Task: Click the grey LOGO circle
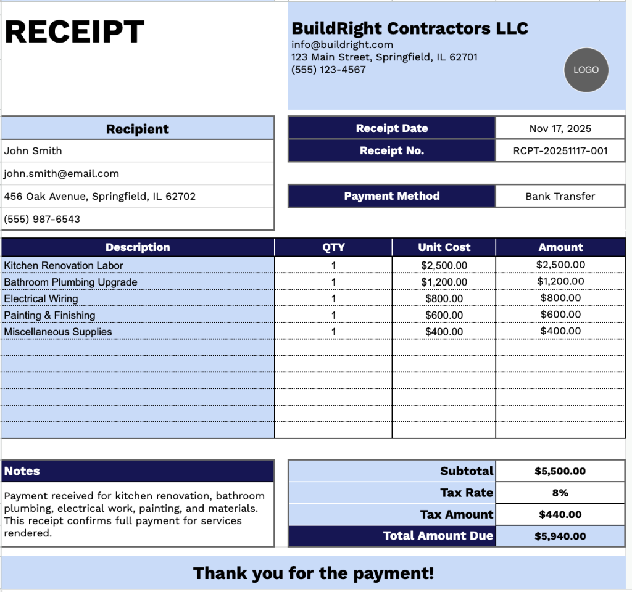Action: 586,70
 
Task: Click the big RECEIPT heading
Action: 75,32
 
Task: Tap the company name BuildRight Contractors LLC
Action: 410,28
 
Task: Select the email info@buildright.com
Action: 342,44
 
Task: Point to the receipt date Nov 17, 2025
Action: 560,129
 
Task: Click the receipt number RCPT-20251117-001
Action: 560,151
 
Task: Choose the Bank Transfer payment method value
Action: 560,197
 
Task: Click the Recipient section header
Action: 137,129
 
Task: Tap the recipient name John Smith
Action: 33,151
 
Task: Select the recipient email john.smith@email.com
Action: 61,174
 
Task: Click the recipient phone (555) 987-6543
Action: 42,220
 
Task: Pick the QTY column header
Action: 333,248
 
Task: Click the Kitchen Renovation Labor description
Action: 64,266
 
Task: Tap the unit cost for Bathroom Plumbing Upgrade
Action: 444,282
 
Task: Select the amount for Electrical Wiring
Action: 560,298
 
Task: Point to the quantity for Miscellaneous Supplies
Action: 333,332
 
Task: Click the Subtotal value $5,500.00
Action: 560,472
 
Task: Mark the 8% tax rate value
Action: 560,493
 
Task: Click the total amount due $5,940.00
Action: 560,536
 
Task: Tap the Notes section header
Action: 22,471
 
